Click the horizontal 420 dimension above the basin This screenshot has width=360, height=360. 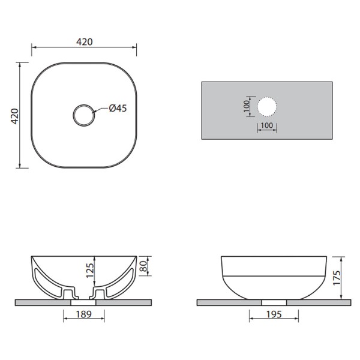coord(84,42)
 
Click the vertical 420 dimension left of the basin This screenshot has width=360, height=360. coord(15,116)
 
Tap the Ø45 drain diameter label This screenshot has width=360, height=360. coord(118,108)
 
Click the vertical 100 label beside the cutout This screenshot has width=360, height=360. coord(246,106)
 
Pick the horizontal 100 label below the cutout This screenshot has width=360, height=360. coord(267,125)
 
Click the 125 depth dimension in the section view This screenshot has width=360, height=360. coord(90,270)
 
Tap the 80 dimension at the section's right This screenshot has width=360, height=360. coord(143,266)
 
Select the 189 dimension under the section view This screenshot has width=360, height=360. coord(84,314)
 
